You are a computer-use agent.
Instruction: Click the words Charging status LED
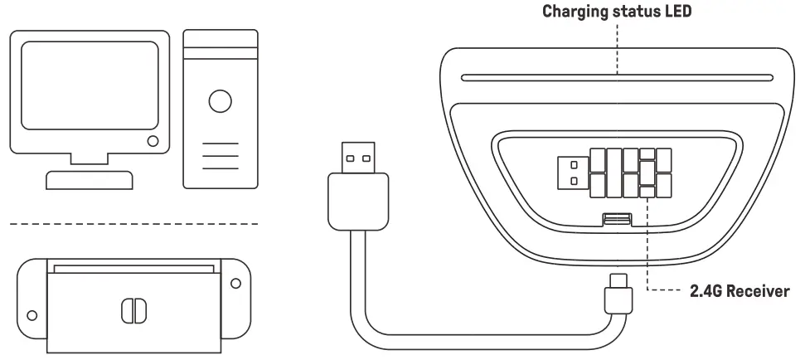(618, 12)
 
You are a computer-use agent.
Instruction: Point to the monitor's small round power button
(153, 142)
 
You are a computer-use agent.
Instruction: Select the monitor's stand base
(90, 179)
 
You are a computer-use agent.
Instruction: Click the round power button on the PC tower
(220, 101)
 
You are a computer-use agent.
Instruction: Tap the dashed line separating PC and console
(133, 224)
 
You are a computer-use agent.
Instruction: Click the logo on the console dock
(133, 309)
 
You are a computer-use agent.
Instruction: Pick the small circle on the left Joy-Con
(32, 315)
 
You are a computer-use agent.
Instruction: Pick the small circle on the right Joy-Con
(235, 283)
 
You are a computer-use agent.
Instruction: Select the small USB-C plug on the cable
(618, 294)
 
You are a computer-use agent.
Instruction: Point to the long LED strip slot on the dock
(618, 80)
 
